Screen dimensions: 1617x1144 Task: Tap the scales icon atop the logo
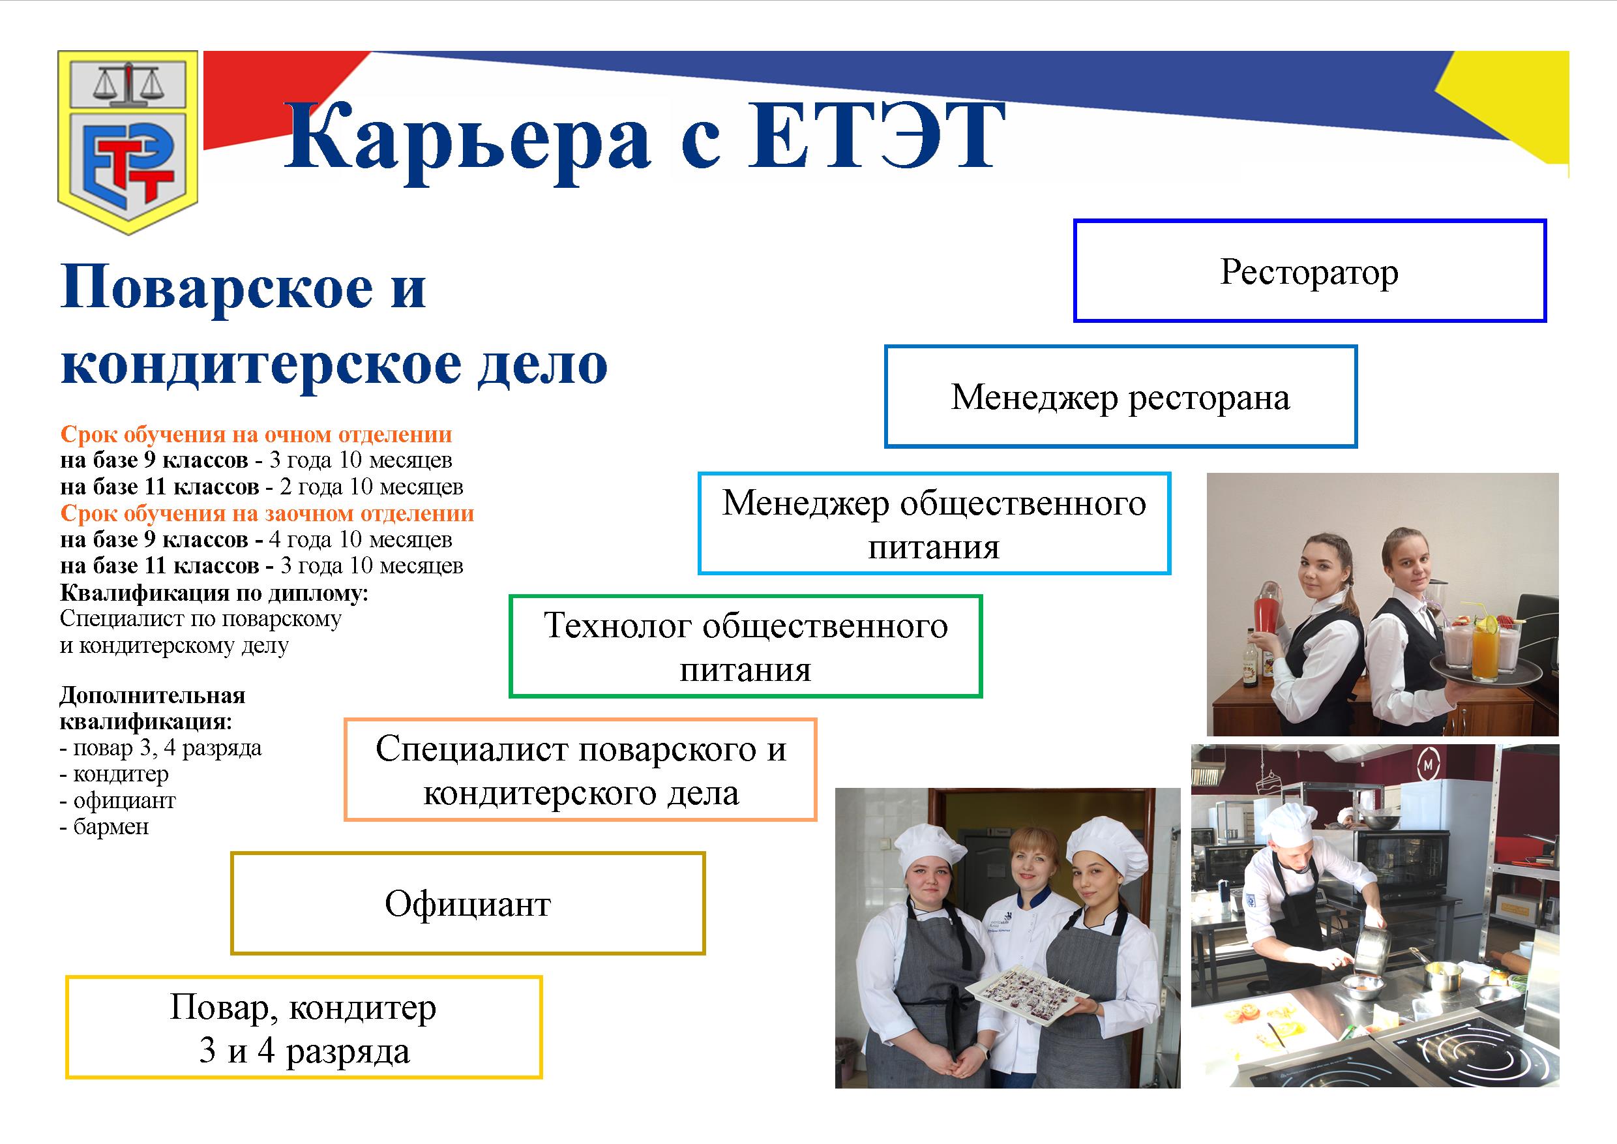point(128,82)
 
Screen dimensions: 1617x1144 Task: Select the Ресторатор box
point(1309,271)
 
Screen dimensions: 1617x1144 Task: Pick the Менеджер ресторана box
point(1121,397)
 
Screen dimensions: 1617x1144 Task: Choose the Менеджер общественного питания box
point(934,523)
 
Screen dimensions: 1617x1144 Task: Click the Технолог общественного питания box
point(745,646)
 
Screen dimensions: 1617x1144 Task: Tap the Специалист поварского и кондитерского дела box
point(580,770)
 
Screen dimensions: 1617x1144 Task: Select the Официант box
point(467,904)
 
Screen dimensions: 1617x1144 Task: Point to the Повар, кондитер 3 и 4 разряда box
point(304,1028)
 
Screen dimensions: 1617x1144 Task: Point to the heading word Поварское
point(217,288)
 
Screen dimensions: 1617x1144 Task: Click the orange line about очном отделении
point(256,434)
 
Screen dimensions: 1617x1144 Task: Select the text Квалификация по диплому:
point(214,592)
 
